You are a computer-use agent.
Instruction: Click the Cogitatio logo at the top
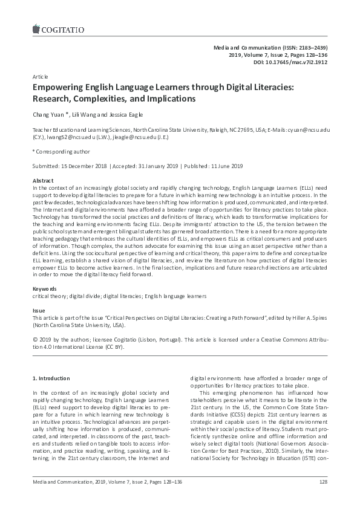tap(55, 27)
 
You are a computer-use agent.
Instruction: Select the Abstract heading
tap(42, 181)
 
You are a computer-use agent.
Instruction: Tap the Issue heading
tap(39, 310)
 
